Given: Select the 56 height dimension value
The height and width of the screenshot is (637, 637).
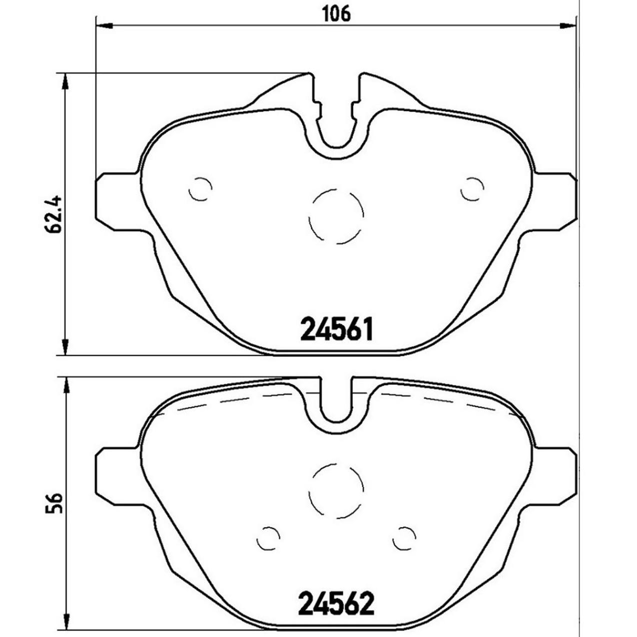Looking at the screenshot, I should (54, 503).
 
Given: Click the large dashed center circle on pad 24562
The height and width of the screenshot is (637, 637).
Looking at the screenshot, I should (336, 490).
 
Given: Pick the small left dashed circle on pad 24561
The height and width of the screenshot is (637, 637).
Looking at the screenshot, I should (200, 189).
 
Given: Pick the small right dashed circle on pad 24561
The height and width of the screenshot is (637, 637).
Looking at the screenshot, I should (472, 189).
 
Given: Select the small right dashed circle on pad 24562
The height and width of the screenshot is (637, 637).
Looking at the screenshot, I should (404, 538).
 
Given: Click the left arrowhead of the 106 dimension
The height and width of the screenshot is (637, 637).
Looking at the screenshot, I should (102, 24).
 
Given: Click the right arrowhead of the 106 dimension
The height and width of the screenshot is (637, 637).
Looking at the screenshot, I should (569, 24).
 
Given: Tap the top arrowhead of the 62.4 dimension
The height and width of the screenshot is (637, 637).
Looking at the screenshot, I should (64, 81).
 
